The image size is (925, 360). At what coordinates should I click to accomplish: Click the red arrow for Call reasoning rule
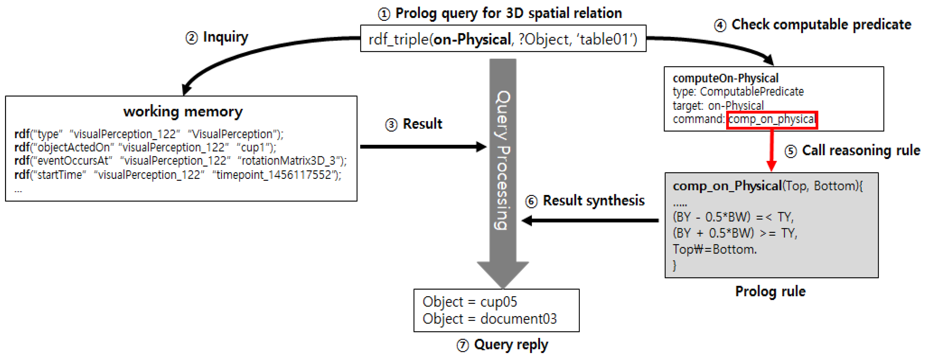click(x=771, y=151)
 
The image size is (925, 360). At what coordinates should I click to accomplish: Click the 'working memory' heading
click(x=183, y=112)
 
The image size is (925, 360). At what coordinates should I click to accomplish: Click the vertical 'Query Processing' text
click(x=503, y=160)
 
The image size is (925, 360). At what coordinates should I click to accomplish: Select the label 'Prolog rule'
click(x=770, y=291)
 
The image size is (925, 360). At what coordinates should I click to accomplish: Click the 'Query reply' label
click(x=511, y=345)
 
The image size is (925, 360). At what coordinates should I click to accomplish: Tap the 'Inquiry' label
click(x=225, y=37)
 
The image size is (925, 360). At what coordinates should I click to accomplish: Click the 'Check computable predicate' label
click(x=821, y=25)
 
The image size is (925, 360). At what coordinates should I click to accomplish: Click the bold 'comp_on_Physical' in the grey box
click(x=727, y=186)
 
